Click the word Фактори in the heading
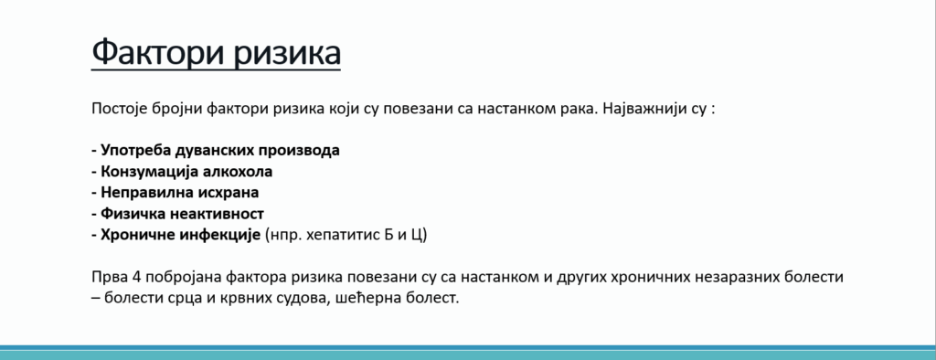tap(157, 51)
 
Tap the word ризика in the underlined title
tap(287, 52)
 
